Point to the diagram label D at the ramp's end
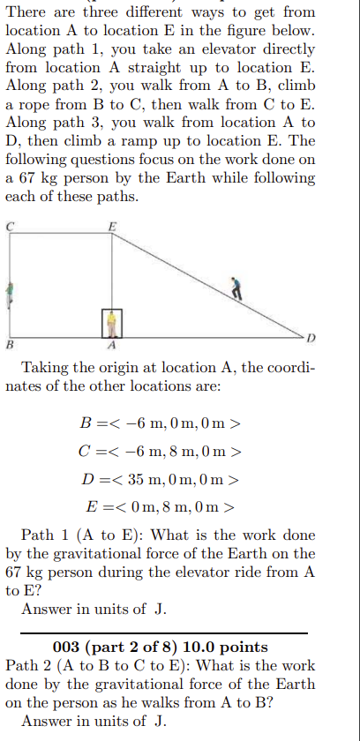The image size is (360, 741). pyautogui.click(x=311, y=339)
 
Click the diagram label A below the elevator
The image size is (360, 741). pyautogui.click(x=112, y=345)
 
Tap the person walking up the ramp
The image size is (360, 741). pyautogui.click(x=236, y=288)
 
